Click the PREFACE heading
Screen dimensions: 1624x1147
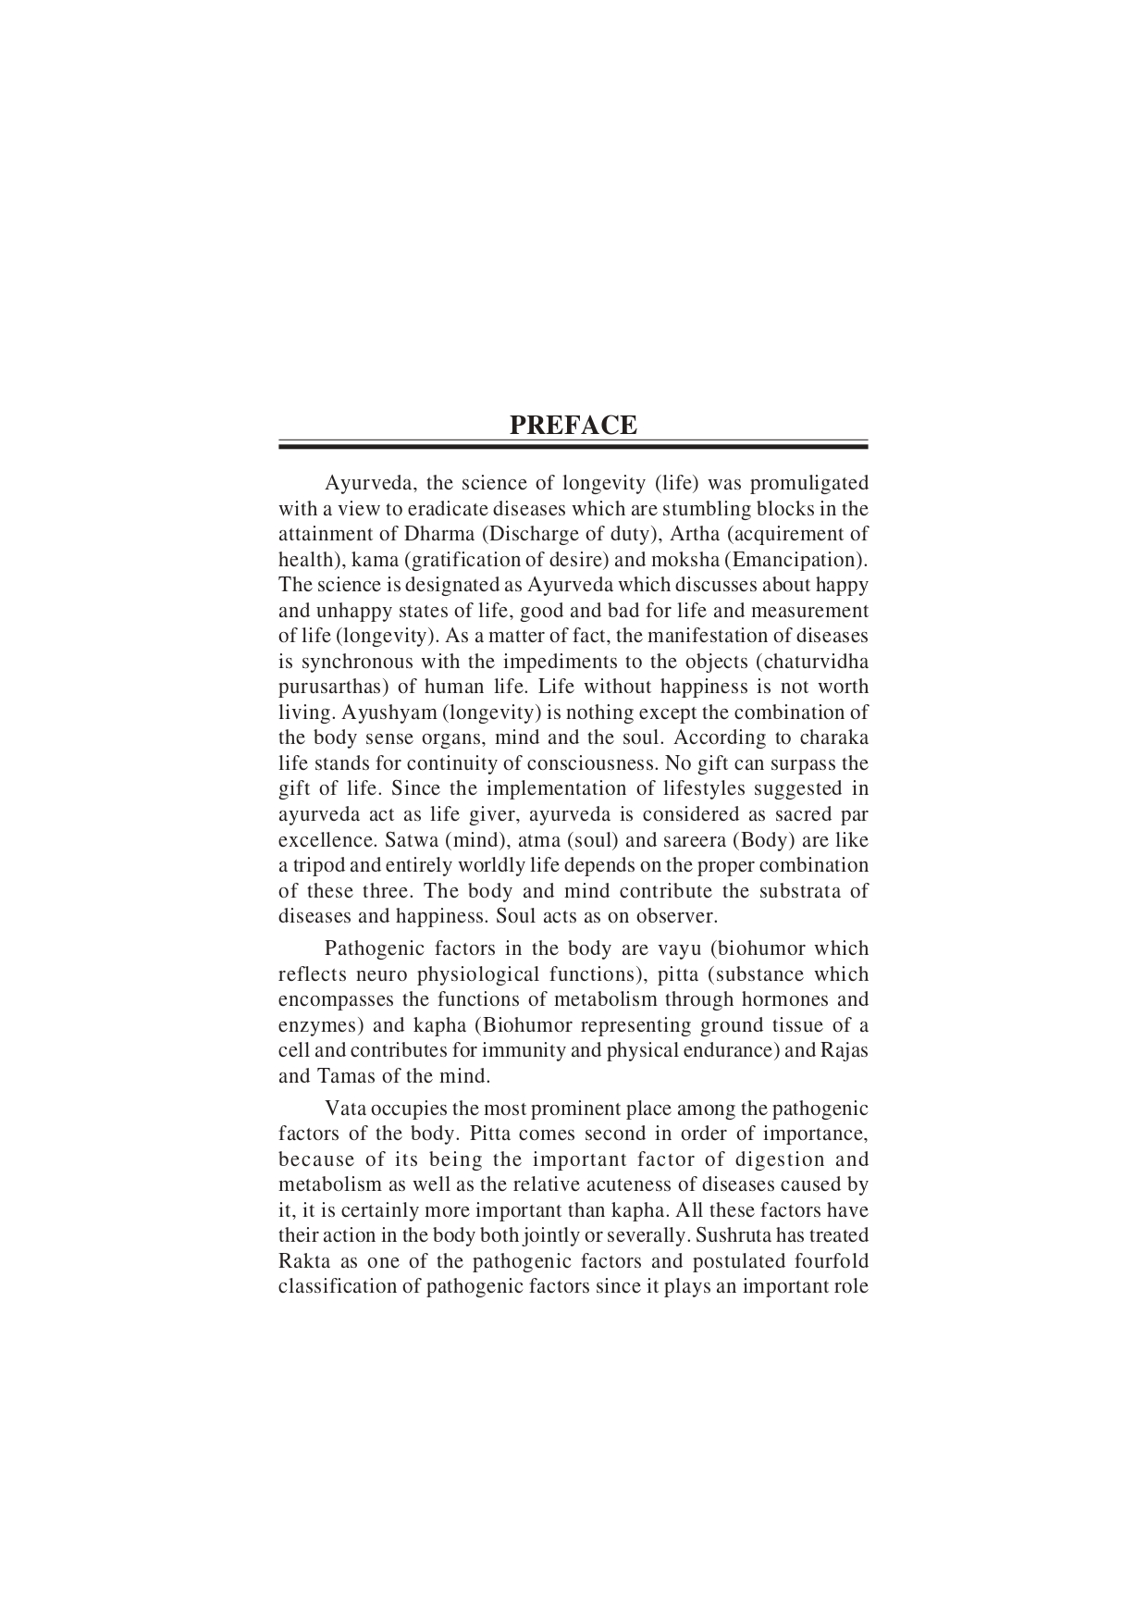coord(573,426)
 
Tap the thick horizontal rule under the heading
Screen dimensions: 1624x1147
coord(573,447)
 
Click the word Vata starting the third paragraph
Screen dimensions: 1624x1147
coord(345,1109)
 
